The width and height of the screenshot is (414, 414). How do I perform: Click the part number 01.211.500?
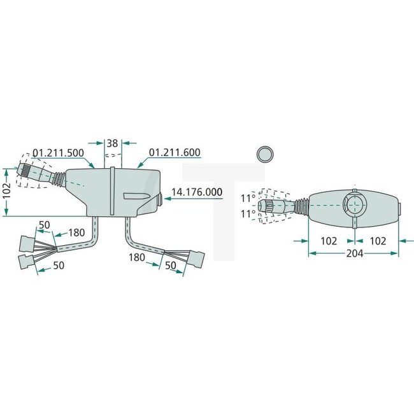pos(58,153)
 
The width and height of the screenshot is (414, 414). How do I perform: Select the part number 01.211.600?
pos(175,153)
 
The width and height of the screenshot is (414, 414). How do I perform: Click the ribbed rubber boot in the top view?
pos(299,206)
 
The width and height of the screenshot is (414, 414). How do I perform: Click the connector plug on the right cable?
pos(196,259)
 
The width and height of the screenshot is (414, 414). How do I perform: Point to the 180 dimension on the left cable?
pos(76,232)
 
